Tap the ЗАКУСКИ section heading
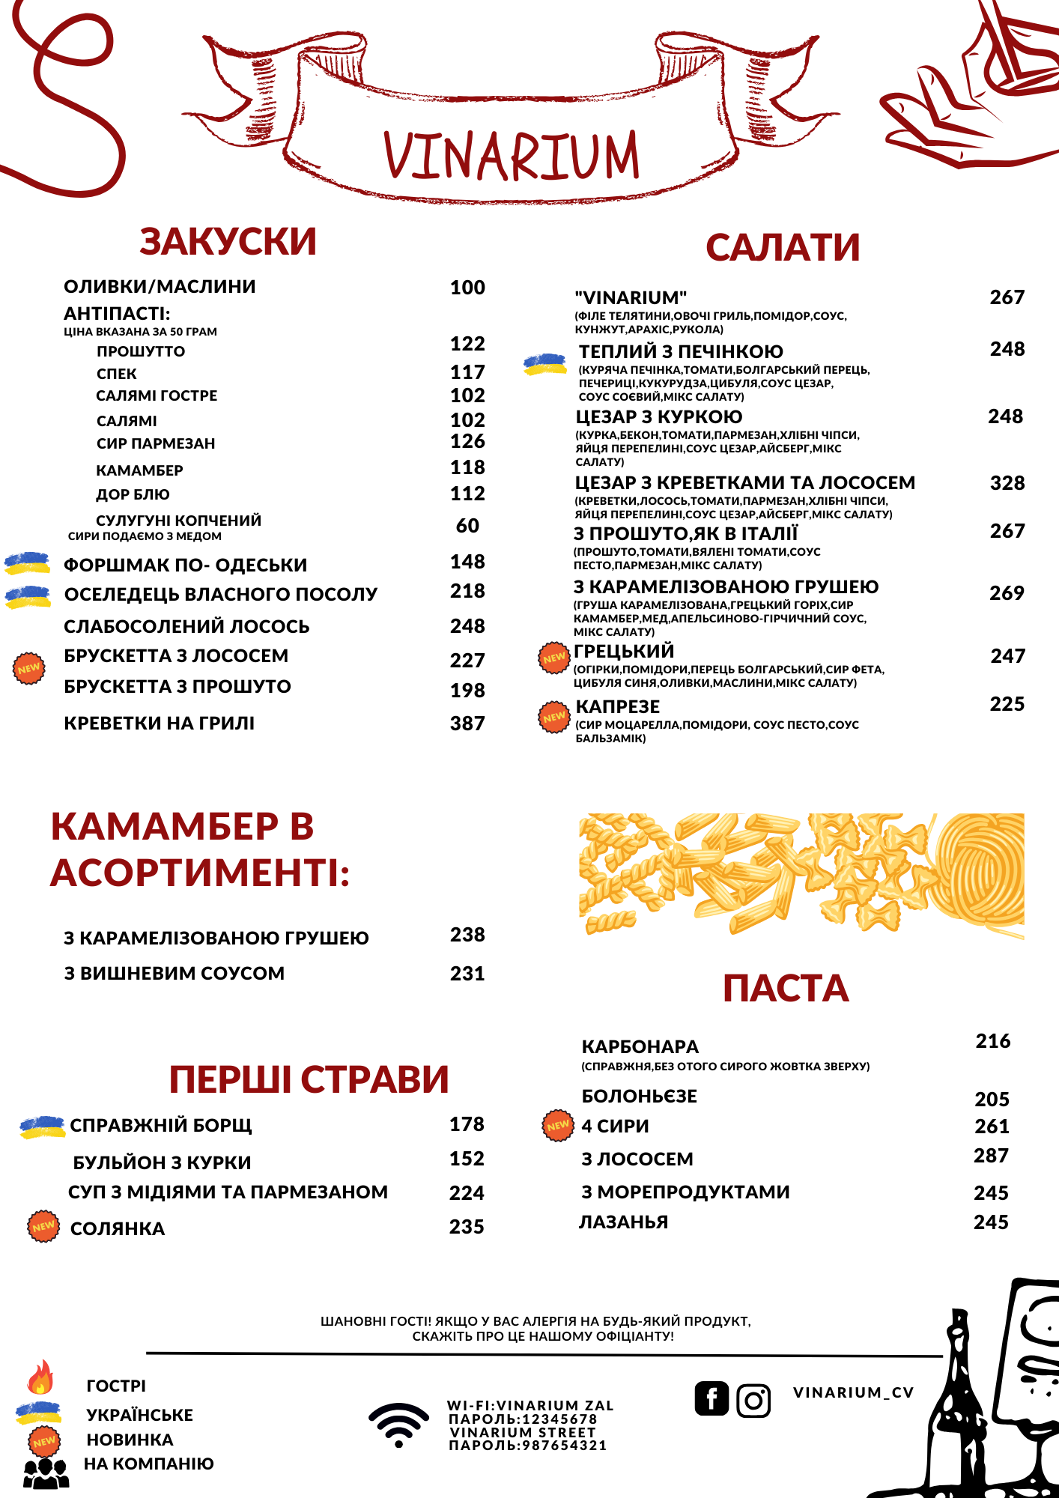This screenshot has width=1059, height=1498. (x=228, y=242)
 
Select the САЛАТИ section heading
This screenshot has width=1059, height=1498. (x=783, y=248)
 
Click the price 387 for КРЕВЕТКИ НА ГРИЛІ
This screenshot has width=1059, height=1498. (x=467, y=724)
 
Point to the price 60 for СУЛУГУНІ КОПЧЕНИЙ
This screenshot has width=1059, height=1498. (x=467, y=526)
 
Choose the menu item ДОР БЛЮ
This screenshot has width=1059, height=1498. (x=133, y=494)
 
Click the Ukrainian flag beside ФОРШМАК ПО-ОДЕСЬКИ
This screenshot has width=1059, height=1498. (x=28, y=563)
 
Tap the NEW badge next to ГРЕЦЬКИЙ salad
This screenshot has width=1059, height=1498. (x=554, y=658)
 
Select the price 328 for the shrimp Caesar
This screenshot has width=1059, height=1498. (x=1007, y=483)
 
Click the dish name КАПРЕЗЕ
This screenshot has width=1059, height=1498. (x=618, y=707)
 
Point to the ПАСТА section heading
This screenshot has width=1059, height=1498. (x=786, y=989)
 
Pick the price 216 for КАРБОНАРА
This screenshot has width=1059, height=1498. (x=993, y=1041)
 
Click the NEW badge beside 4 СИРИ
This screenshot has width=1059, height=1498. (x=558, y=1125)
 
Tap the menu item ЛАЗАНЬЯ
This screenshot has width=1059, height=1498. (x=624, y=1222)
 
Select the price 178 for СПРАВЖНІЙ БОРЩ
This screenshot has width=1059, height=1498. (x=467, y=1124)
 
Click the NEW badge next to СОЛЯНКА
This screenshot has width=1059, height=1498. (x=43, y=1226)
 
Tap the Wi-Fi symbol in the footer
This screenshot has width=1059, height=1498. (x=398, y=1425)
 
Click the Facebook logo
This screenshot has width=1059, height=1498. (x=711, y=1398)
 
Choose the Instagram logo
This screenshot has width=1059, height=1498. (x=753, y=1400)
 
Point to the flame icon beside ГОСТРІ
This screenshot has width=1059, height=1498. (x=41, y=1377)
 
